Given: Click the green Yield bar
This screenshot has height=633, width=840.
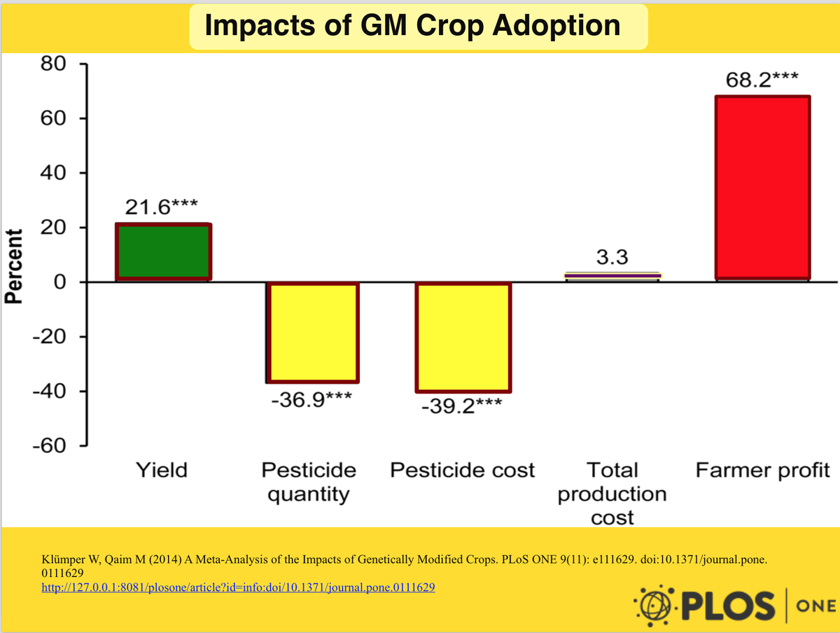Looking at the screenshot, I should click(x=163, y=251).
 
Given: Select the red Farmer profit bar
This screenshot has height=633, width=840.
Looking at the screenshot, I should click(x=762, y=188).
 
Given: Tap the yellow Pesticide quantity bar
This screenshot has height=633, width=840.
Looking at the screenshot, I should click(x=312, y=332).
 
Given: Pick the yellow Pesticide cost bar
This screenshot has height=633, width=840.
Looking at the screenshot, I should click(x=463, y=337).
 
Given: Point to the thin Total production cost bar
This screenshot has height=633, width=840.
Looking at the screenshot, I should click(x=612, y=276).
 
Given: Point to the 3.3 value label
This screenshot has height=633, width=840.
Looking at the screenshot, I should click(x=611, y=257).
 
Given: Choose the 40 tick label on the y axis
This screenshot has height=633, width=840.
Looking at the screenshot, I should click(x=53, y=173).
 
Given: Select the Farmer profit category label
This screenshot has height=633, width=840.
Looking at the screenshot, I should click(x=762, y=470).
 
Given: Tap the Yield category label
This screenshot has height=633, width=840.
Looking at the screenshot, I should click(x=162, y=470).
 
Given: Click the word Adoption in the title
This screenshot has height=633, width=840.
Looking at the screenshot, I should click(x=556, y=26).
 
